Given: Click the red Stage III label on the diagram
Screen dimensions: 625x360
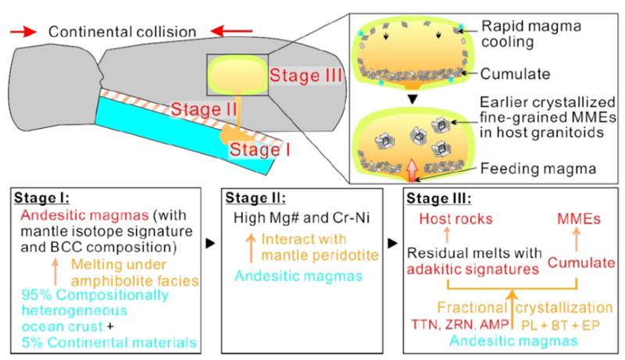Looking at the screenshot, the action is [x=305, y=75].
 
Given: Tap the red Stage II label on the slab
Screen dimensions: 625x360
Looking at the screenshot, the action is [x=204, y=109].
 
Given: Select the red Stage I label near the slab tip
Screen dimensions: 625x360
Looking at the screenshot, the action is [x=259, y=150].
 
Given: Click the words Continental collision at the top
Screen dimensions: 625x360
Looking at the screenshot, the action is [x=123, y=32].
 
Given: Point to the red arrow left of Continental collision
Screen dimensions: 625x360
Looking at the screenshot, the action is [x=23, y=32].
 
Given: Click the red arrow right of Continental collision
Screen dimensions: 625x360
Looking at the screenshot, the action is [x=231, y=31].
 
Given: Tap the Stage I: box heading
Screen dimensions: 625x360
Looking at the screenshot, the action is [x=41, y=198].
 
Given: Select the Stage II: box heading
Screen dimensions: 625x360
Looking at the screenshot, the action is [x=255, y=198].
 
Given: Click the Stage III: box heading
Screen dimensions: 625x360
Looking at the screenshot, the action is [x=439, y=198].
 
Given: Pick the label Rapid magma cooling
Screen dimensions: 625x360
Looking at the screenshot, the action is [x=531, y=34].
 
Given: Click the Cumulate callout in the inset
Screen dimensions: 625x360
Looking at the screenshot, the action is [x=515, y=73].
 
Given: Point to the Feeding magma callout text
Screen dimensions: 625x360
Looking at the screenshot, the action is [x=538, y=169].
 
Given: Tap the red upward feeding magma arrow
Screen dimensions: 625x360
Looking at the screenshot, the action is [x=412, y=170].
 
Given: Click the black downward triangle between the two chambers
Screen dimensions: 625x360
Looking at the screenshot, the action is [x=413, y=98].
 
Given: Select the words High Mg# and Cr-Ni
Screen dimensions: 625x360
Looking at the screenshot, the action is [x=302, y=218].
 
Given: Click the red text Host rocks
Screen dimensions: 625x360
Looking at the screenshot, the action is [x=455, y=219].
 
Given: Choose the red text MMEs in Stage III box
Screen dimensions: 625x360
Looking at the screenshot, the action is [x=579, y=219].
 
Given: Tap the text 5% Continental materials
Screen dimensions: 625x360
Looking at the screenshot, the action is [x=109, y=343].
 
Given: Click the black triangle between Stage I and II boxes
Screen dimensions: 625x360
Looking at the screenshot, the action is [x=210, y=244].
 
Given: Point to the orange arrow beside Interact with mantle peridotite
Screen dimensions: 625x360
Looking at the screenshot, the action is [x=251, y=248].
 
